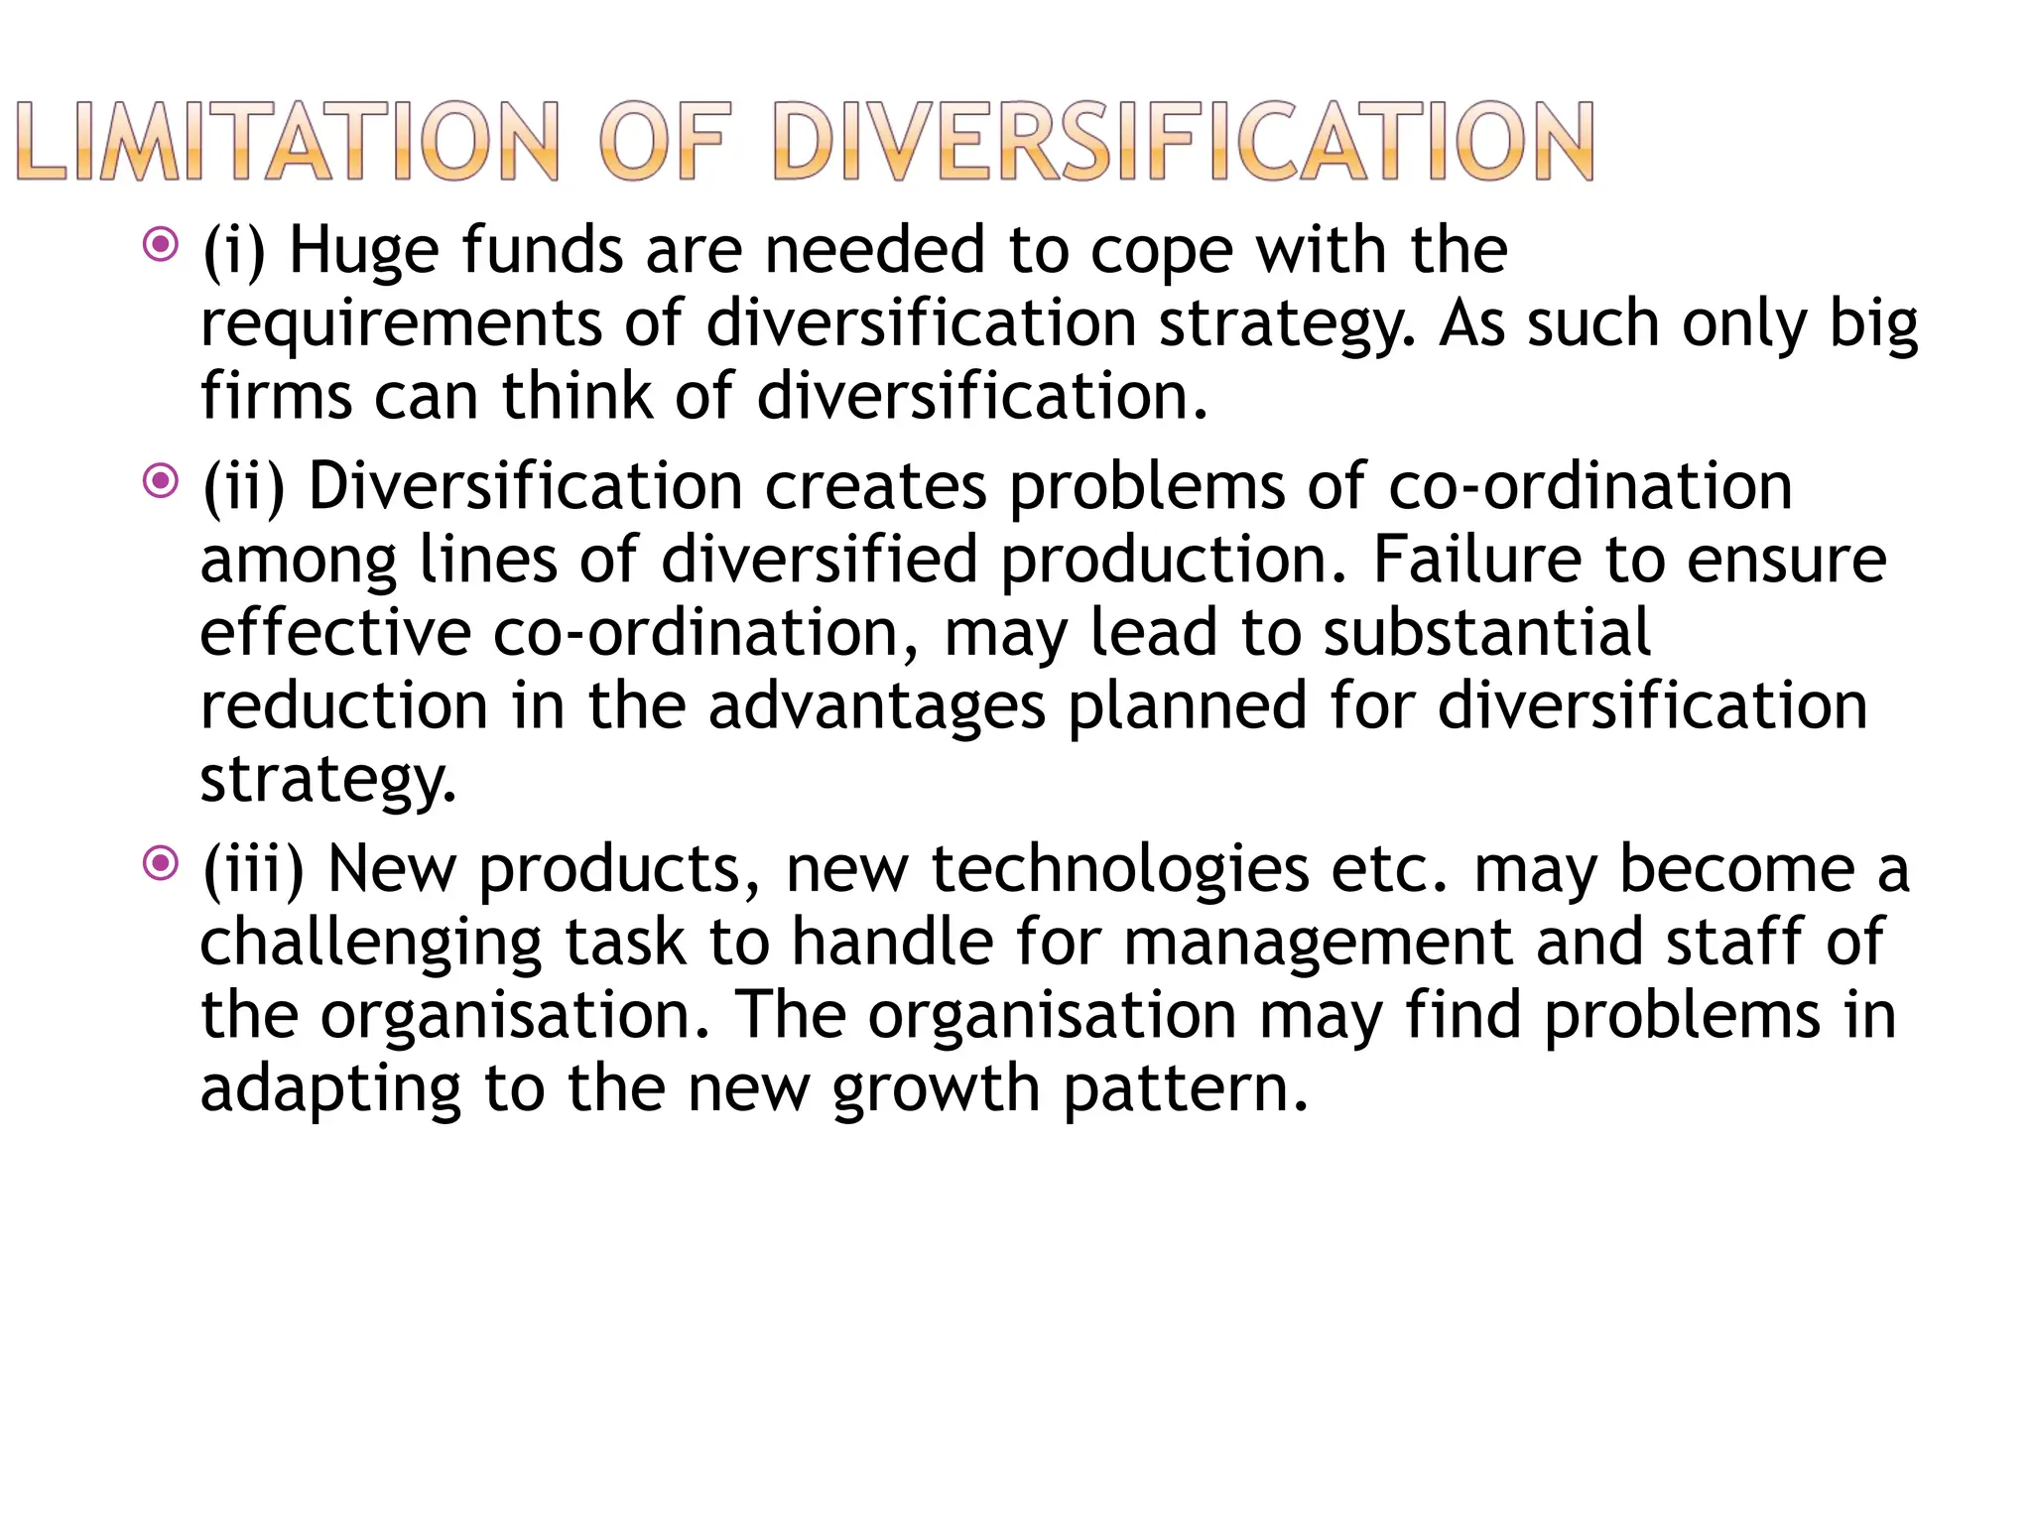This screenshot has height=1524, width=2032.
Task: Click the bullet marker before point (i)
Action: (160, 244)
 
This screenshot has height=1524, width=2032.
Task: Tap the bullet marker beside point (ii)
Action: (160, 482)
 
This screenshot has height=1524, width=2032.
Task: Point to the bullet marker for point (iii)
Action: (160, 863)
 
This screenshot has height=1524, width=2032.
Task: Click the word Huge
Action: (363, 250)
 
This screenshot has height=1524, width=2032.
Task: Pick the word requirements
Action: (401, 324)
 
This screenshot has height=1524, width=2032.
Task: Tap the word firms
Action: (276, 396)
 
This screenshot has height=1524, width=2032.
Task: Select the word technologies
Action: (1119, 869)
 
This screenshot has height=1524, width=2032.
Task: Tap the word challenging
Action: (371, 944)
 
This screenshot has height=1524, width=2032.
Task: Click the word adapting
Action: (330, 1090)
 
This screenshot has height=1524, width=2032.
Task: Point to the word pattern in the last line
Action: (1186, 1088)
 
